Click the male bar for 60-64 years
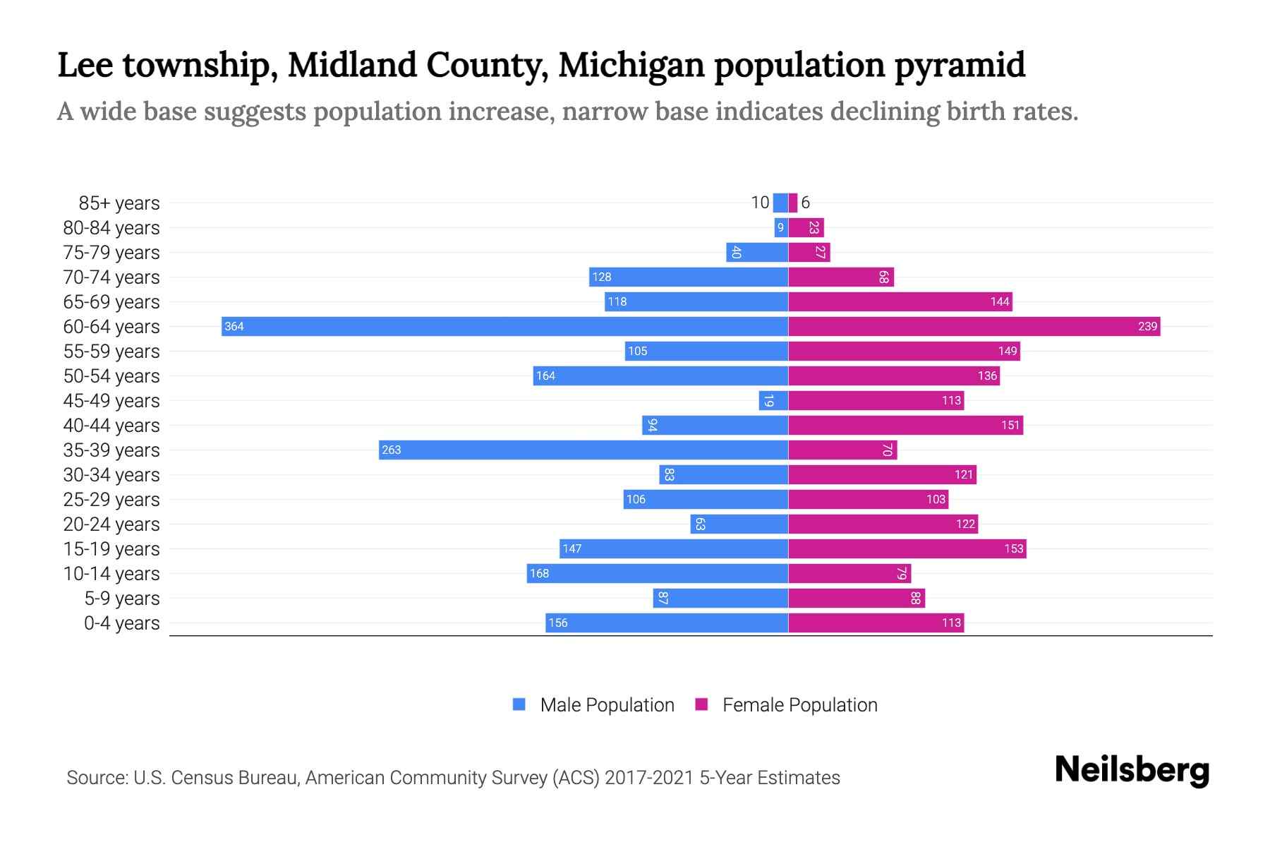tap(504, 326)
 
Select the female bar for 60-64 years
tap(974, 326)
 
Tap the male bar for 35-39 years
tap(583, 450)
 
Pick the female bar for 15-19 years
tap(907, 548)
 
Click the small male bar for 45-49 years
tap(773, 400)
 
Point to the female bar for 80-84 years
tap(806, 227)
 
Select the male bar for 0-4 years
tap(666, 623)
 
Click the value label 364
tap(234, 326)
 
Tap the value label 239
tap(1147, 326)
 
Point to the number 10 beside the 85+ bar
tap(760, 203)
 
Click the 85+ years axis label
tap(119, 203)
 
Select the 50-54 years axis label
tap(111, 376)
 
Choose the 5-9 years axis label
tap(121, 599)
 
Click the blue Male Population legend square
tap(519, 704)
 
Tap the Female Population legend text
tap(799, 704)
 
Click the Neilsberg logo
tap(1132, 770)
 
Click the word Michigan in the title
tap(631, 65)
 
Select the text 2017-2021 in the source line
tap(649, 778)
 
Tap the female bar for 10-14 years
tap(849, 573)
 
